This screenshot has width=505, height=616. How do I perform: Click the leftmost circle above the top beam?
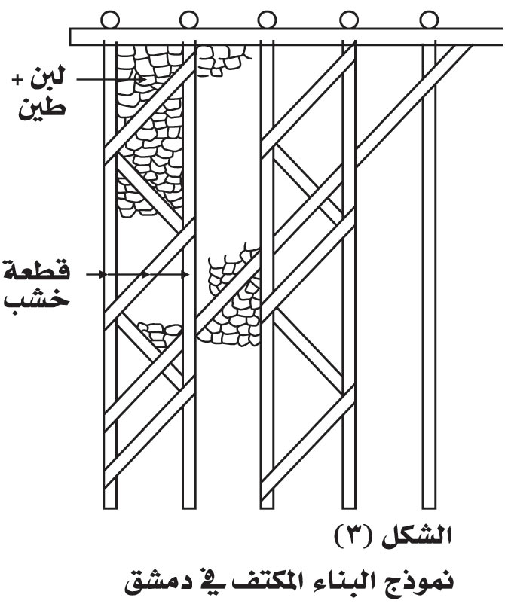click(110, 20)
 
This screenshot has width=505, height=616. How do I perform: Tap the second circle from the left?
click(188, 20)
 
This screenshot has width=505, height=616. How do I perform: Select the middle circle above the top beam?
click(267, 20)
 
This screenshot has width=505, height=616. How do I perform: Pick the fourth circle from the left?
click(348, 20)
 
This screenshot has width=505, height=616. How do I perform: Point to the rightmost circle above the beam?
click(429, 20)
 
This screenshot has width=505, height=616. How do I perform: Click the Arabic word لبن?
click(47, 77)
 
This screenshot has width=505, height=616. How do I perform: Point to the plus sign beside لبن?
click(17, 81)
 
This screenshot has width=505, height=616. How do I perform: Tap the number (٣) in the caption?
click(356, 535)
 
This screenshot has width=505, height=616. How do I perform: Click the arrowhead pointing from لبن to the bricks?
click(142, 79)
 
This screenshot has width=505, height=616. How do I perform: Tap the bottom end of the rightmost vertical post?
click(429, 508)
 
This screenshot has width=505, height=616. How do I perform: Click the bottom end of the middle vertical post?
click(267, 508)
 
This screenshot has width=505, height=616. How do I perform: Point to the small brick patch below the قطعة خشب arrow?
click(160, 334)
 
